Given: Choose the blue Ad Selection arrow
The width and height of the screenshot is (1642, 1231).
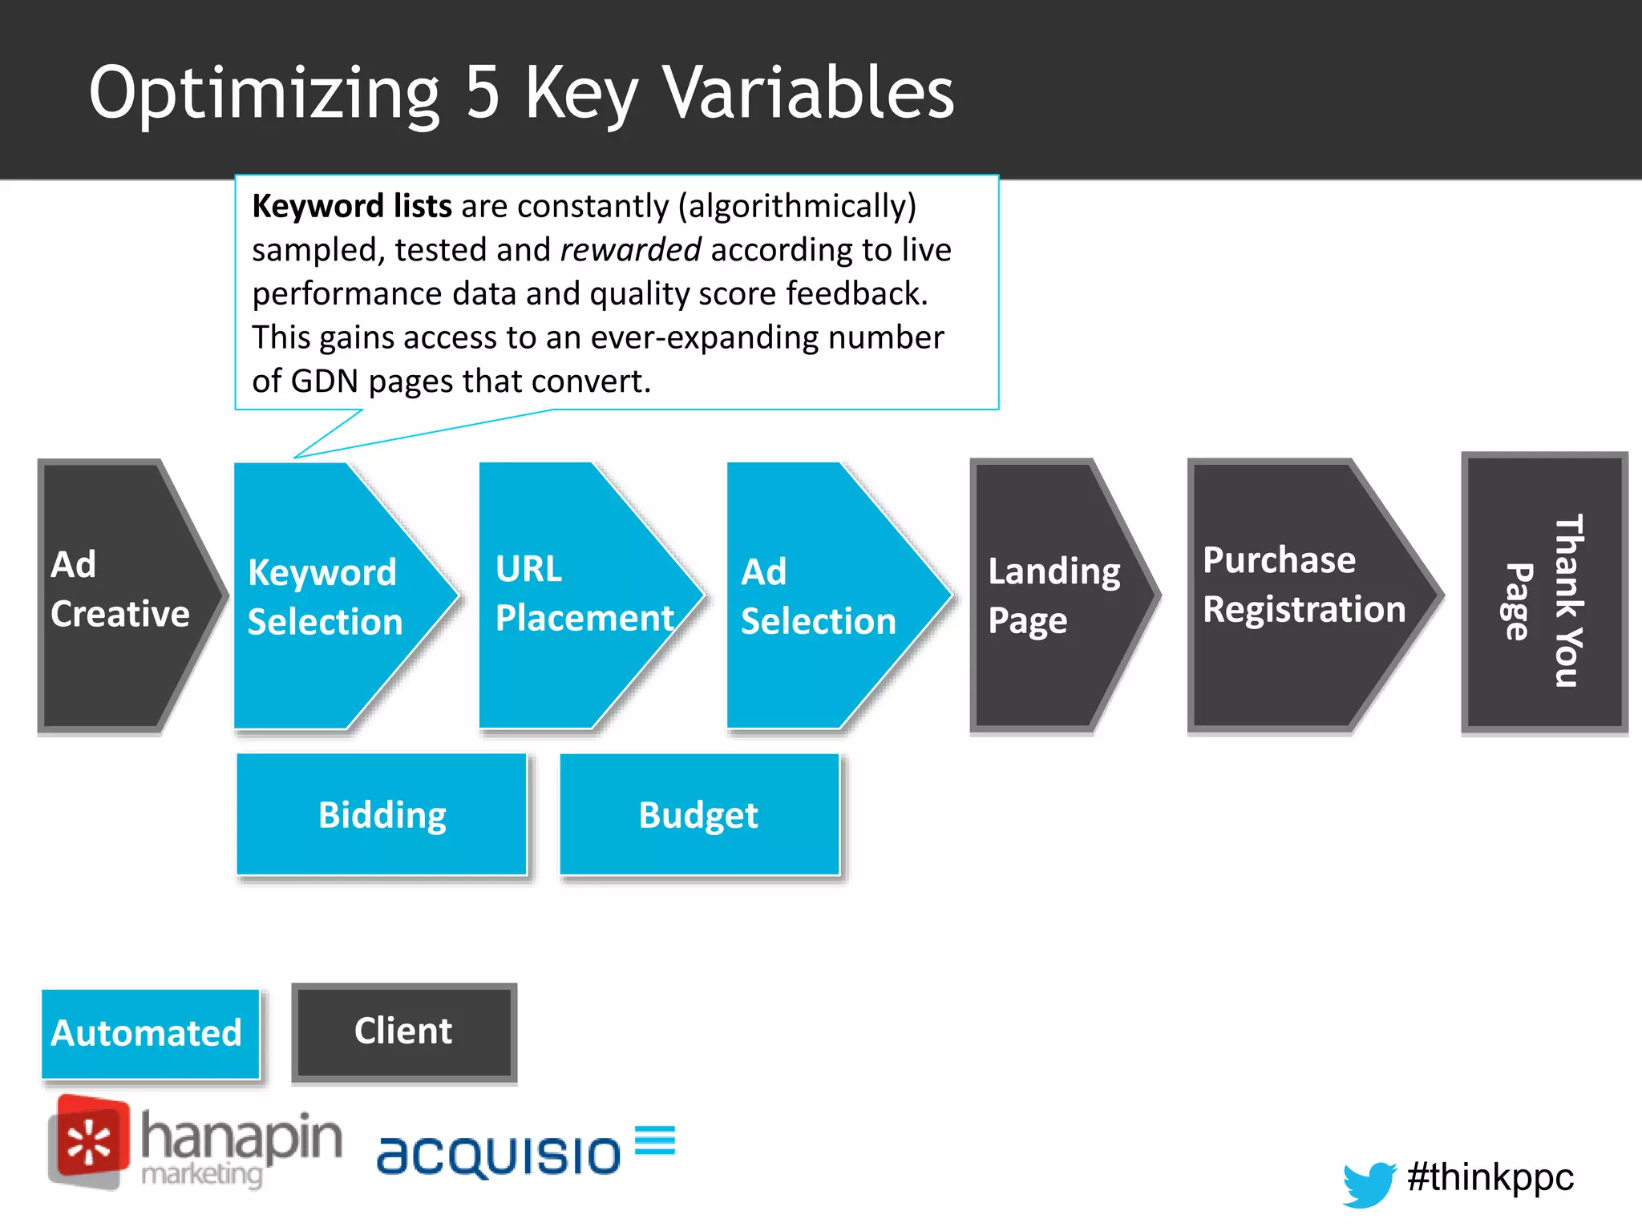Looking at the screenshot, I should [x=822, y=596].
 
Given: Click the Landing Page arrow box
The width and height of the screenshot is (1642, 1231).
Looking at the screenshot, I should [x=1050, y=596].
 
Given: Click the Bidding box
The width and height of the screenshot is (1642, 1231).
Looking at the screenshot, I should [x=382, y=814].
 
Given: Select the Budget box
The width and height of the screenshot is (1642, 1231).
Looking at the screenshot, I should [x=698, y=814].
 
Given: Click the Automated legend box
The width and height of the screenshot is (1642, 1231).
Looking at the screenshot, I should [x=150, y=1034].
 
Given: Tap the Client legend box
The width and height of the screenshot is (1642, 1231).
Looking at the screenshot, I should [x=403, y=1032].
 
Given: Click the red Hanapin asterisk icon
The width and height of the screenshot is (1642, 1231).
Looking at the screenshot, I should [x=88, y=1142].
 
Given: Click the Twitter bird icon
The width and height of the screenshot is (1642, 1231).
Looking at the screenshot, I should [x=1369, y=1183].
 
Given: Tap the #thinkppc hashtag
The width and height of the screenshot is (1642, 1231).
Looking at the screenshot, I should [x=1490, y=1177].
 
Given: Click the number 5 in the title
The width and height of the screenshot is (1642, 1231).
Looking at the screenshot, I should [x=483, y=93].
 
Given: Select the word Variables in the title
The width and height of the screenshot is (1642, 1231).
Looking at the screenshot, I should [x=810, y=93].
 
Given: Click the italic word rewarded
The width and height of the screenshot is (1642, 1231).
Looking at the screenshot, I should [x=630, y=250].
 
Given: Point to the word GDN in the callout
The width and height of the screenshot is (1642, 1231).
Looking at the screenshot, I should [x=324, y=381].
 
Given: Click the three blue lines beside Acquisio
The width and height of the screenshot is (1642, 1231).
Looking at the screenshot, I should [x=654, y=1140].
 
